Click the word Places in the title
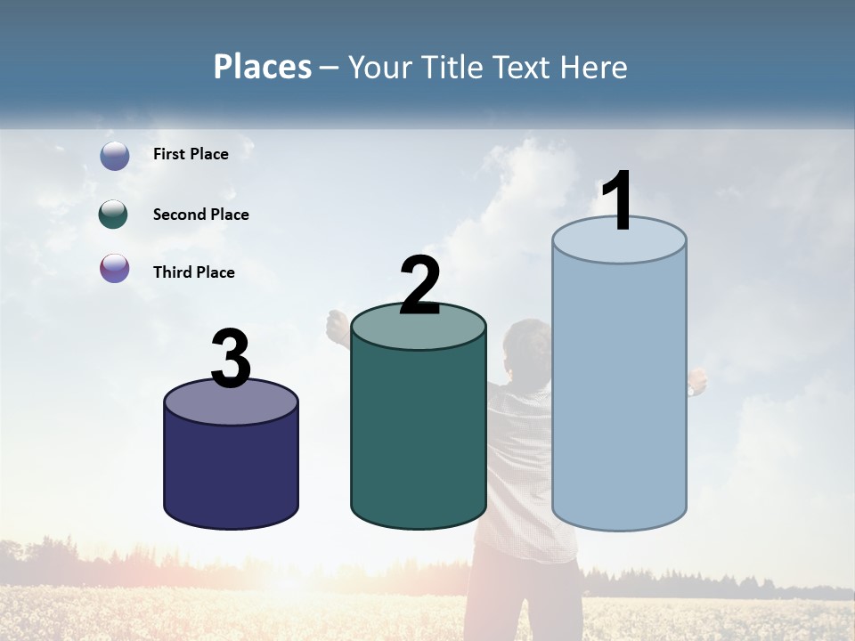coord(263,67)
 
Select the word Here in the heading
coord(594,68)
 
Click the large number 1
coord(618,201)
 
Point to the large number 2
coord(419,285)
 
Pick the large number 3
coord(232,359)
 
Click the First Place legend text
coord(191,154)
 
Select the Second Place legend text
coord(200,215)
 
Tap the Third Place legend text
coord(193,272)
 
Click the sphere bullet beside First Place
coord(114,156)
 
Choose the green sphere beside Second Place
coord(114,215)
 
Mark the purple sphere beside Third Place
coord(114,268)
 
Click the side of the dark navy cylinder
coord(232,472)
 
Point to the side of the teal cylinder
coord(419,436)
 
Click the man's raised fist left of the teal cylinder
coord(337,324)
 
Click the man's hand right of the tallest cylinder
coord(697,381)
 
